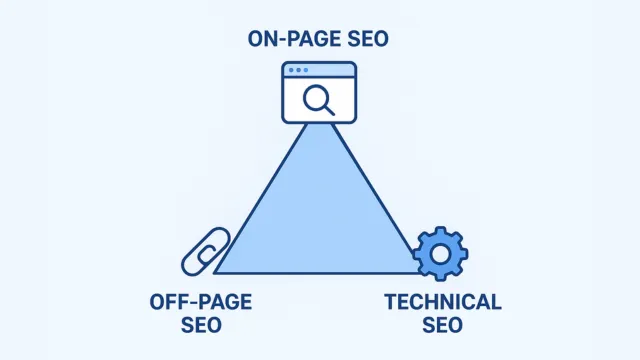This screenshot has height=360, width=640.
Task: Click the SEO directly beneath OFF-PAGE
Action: (x=201, y=324)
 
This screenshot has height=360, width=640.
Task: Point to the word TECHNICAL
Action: (x=444, y=302)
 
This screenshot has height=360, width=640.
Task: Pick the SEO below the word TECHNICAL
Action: (x=444, y=324)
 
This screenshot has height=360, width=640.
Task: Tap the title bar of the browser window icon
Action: (x=320, y=70)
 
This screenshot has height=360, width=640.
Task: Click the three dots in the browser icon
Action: (x=297, y=70)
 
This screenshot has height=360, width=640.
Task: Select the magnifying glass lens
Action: (x=318, y=97)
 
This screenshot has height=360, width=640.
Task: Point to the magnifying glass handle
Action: (x=330, y=109)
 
